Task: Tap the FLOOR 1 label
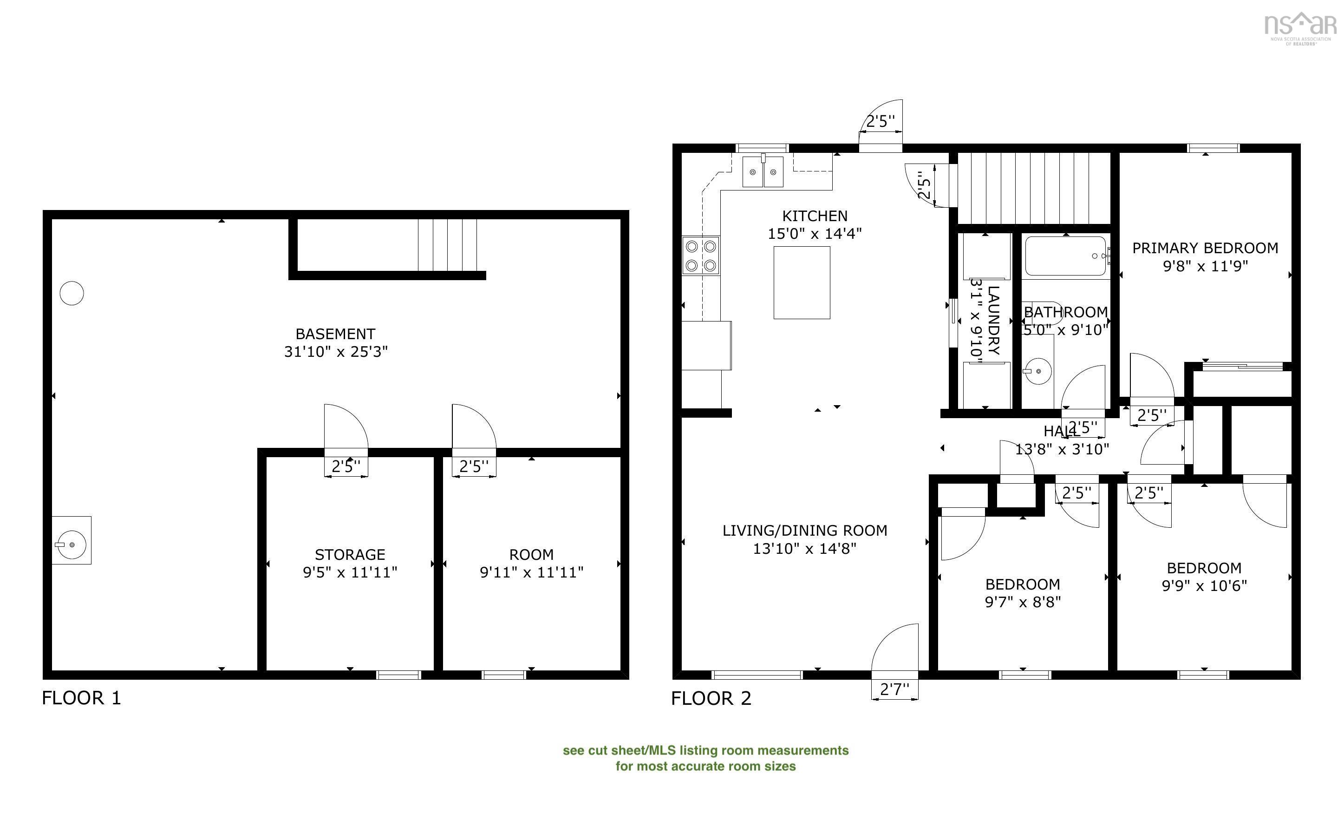pyautogui.click(x=81, y=698)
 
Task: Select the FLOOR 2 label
pyautogui.click(x=711, y=698)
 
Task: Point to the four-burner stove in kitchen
pyautogui.click(x=701, y=256)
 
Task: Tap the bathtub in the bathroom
pyautogui.click(x=1065, y=256)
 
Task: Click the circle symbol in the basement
pyautogui.click(x=72, y=293)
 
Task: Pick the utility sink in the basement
pyautogui.click(x=72, y=540)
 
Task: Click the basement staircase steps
pyautogui.click(x=447, y=245)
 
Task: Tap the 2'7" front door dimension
pyautogui.click(x=894, y=689)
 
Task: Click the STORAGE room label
pyautogui.click(x=350, y=554)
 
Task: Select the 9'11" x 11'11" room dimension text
pyautogui.click(x=531, y=572)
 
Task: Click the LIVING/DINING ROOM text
pyautogui.click(x=804, y=531)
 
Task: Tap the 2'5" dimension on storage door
pyautogui.click(x=346, y=466)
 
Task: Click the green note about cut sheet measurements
pyautogui.click(x=705, y=758)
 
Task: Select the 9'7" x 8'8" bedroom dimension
pyautogui.click(x=1023, y=602)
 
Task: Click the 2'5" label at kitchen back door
pyautogui.click(x=881, y=122)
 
